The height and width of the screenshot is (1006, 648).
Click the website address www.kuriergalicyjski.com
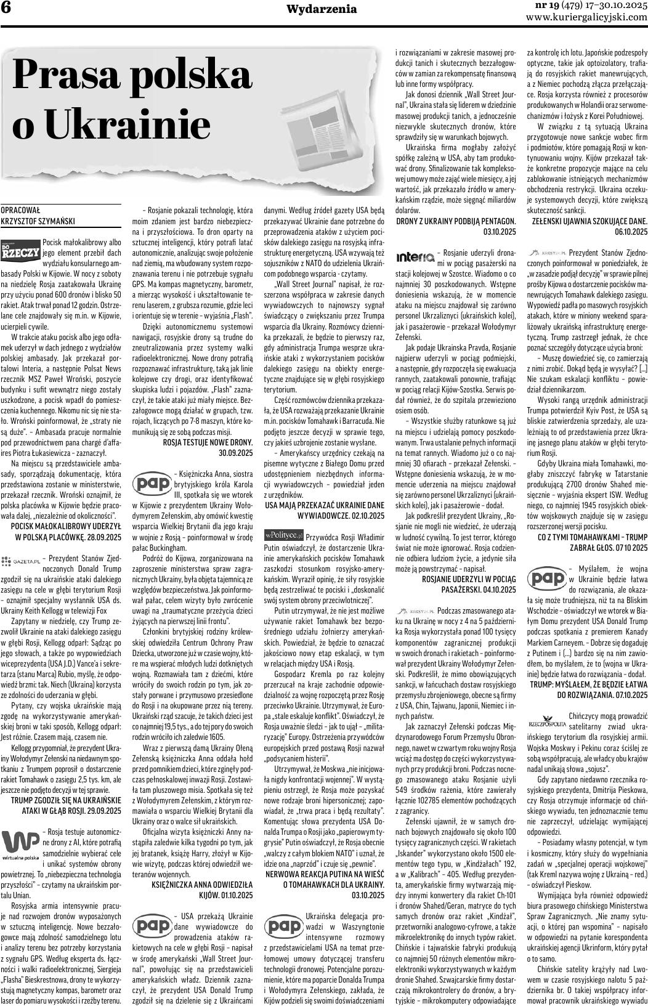pyautogui.click(x=586, y=17)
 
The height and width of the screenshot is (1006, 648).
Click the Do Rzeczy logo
pyautogui.click(x=21, y=251)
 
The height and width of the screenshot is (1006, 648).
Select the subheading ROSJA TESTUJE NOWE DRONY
pyautogui.click(x=208, y=442)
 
